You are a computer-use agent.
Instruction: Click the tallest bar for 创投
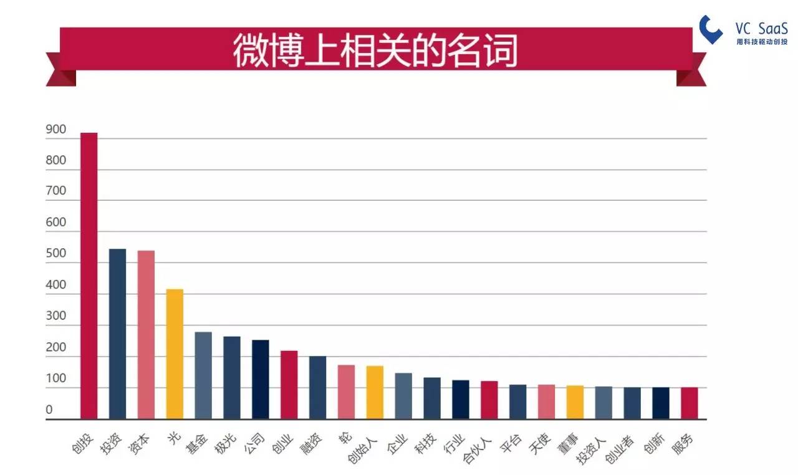pyautogui.click(x=89, y=276)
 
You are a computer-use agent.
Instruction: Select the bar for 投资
pyautogui.click(x=117, y=334)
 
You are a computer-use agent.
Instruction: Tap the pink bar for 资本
pyautogui.click(x=146, y=335)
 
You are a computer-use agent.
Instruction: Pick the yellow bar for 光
pyautogui.click(x=175, y=354)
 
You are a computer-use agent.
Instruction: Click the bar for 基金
pyautogui.click(x=203, y=376)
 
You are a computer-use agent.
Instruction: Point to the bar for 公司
pyautogui.click(x=261, y=380)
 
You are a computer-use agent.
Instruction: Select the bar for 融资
pyautogui.click(x=317, y=387)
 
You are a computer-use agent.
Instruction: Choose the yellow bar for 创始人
pyautogui.click(x=375, y=392)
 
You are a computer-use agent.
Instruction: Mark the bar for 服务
pyautogui.click(x=690, y=403)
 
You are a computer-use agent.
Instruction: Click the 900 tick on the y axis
pyautogui.click(x=56, y=129)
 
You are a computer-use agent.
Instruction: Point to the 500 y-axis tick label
pyautogui.click(x=56, y=253)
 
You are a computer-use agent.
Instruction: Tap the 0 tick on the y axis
pyautogui.click(x=49, y=410)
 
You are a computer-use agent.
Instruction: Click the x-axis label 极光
pyautogui.click(x=225, y=444)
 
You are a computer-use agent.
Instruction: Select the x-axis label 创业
pyautogui.click(x=282, y=444)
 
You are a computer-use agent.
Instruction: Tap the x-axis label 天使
pyautogui.click(x=540, y=444)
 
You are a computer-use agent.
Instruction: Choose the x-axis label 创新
pyautogui.click(x=654, y=444)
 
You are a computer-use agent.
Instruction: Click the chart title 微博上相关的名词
pyautogui.click(x=375, y=50)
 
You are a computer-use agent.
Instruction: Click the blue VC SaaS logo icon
pyautogui.click(x=710, y=29)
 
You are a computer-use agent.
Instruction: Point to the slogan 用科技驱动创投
pyautogui.click(x=762, y=42)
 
